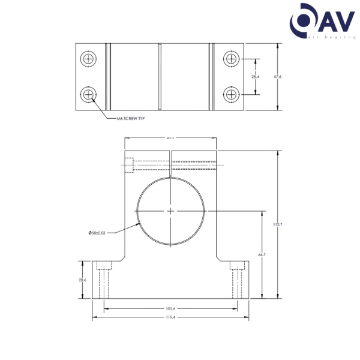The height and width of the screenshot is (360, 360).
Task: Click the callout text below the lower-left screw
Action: pyautogui.click(x=130, y=118)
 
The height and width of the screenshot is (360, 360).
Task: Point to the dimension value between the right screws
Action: pyautogui.click(x=254, y=77)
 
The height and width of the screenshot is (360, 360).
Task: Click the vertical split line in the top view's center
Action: pyautogui.click(x=161, y=77)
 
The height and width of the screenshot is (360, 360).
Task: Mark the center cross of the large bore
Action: pyautogui.click(x=172, y=211)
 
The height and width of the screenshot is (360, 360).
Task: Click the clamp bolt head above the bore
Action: pyautogui.click(x=130, y=162)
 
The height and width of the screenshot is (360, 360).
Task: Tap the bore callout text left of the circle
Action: pyautogui.click(x=97, y=232)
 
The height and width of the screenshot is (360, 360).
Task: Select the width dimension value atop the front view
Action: pyautogui.click(x=170, y=139)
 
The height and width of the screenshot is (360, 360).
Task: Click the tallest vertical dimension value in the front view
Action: pyautogui.click(x=277, y=224)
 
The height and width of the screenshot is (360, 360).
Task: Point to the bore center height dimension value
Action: pyautogui.click(x=261, y=254)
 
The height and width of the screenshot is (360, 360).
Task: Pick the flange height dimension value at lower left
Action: pyautogui.click(x=82, y=280)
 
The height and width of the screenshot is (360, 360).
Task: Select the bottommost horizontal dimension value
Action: pyautogui.click(x=170, y=317)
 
